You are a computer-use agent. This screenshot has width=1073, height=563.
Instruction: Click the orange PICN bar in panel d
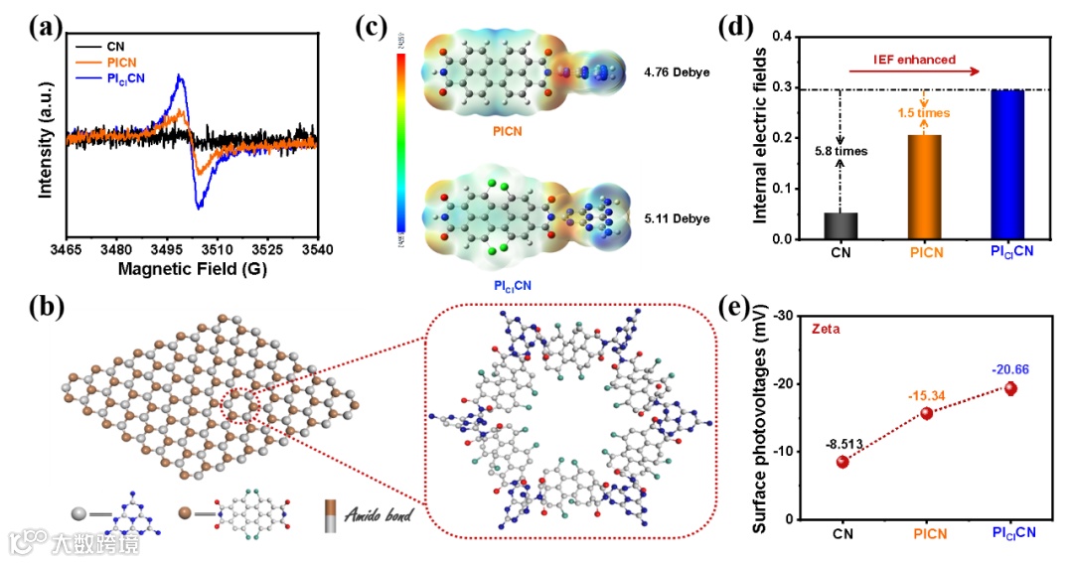pos(925,188)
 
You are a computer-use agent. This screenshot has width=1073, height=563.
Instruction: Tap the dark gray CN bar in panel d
pos(840,226)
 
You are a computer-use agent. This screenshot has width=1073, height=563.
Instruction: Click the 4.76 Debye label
pos(676,72)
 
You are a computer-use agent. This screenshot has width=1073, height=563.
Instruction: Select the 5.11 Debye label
pos(676,218)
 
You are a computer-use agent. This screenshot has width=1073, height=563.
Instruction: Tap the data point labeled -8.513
pos(842,462)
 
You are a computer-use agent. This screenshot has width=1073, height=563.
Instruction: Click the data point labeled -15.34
pos(927,413)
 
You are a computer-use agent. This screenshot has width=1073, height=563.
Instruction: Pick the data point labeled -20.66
pos(1011,388)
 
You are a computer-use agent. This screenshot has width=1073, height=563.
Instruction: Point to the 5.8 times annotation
pos(841,152)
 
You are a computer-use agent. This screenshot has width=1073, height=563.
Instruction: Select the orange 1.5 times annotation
pos(925,113)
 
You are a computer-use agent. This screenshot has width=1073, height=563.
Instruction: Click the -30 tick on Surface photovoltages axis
pos(780,316)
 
